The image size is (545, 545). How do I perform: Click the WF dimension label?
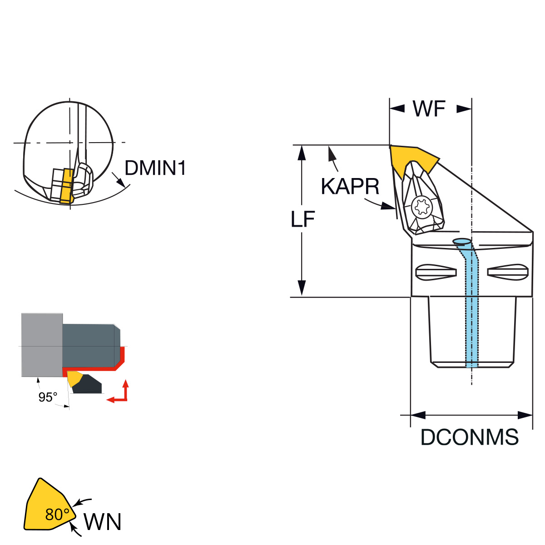(429, 109)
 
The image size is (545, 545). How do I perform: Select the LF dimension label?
(303, 219)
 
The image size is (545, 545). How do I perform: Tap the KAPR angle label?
(350, 186)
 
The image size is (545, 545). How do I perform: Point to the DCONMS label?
(470, 437)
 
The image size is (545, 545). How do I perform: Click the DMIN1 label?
(155, 168)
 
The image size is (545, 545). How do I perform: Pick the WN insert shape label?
(103, 522)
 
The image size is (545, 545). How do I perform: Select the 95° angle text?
(48, 397)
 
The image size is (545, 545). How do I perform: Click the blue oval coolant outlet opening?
(461, 241)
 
